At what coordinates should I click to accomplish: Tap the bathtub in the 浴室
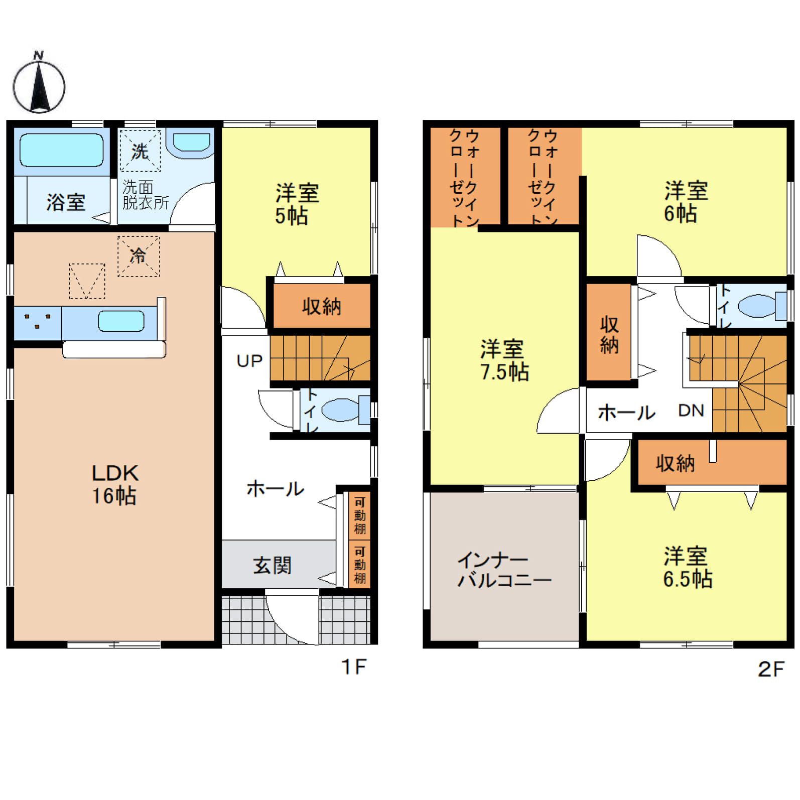(x=61, y=150)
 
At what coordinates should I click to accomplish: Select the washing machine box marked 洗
(x=140, y=151)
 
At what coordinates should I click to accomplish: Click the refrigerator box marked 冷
(x=139, y=256)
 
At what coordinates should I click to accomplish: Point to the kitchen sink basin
(x=121, y=321)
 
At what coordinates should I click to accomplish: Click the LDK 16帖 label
(x=115, y=484)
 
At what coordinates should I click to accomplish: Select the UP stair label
(x=249, y=361)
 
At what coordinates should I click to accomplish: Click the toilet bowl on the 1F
(x=340, y=410)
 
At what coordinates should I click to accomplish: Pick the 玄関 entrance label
(x=273, y=566)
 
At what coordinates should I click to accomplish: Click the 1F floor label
(x=354, y=667)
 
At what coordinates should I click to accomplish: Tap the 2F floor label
(x=771, y=669)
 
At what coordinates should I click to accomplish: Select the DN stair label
(x=691, y=411)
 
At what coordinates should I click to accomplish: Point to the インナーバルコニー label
(x=504, y=570)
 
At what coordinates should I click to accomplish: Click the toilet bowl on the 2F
(x=757, y=305)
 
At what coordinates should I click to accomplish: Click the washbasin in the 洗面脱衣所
(x=191, y=142)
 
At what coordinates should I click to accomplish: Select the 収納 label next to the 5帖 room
(x=322, y=306)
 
